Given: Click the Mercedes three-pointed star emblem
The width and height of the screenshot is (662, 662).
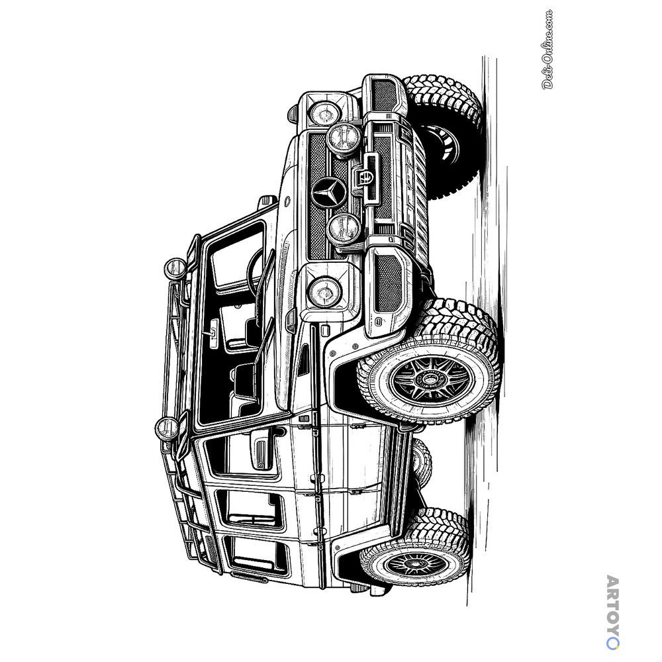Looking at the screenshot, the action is click(x=329, y=192).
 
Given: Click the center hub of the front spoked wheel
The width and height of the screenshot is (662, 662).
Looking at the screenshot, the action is click(x=430, y=379).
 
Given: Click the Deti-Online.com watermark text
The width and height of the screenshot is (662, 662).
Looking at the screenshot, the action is click(x=547, y=50).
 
